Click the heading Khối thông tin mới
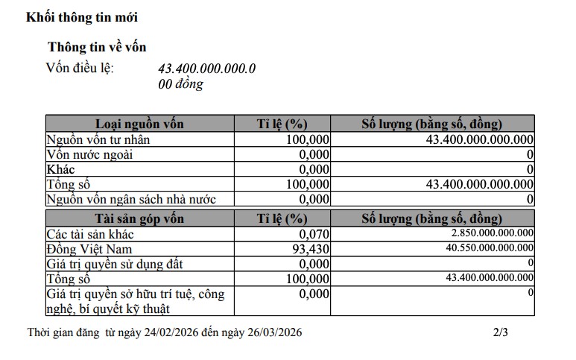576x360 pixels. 82,17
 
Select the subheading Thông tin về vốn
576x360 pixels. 97,48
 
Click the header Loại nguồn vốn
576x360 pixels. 139,124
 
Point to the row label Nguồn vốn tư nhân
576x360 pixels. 98,139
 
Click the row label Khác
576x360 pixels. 60,169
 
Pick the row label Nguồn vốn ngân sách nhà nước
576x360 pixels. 131,199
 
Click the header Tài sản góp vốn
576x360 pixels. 139,218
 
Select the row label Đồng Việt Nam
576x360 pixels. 90,248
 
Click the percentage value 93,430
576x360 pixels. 308,248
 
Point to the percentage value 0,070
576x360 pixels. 314,233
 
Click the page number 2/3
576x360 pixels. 500,332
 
